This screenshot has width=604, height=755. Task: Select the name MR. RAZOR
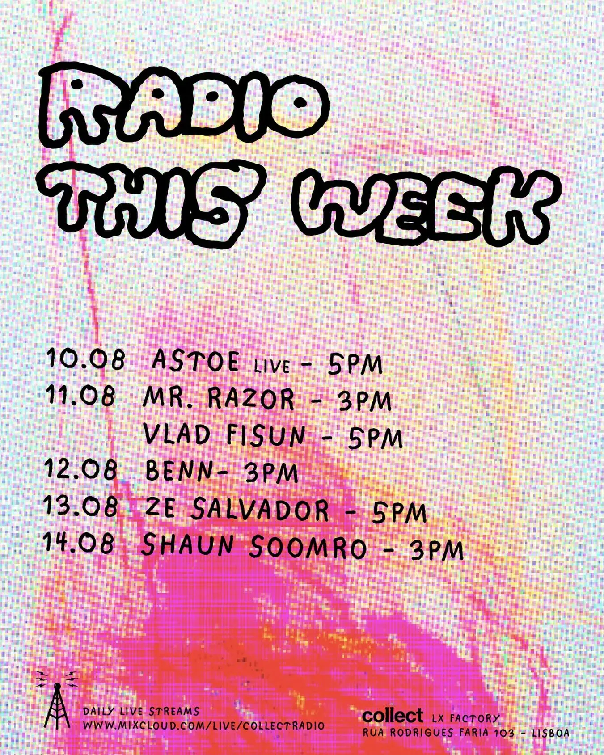(x=219, y=398)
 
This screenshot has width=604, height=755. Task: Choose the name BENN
(x=180, y=471)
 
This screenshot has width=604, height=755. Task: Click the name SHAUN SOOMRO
(x=254, y=546)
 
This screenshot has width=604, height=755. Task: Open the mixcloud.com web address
(x=203, y=725)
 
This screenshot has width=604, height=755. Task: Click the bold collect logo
(x=393, y=716)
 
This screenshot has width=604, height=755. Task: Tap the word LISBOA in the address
(x=551, y=733)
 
